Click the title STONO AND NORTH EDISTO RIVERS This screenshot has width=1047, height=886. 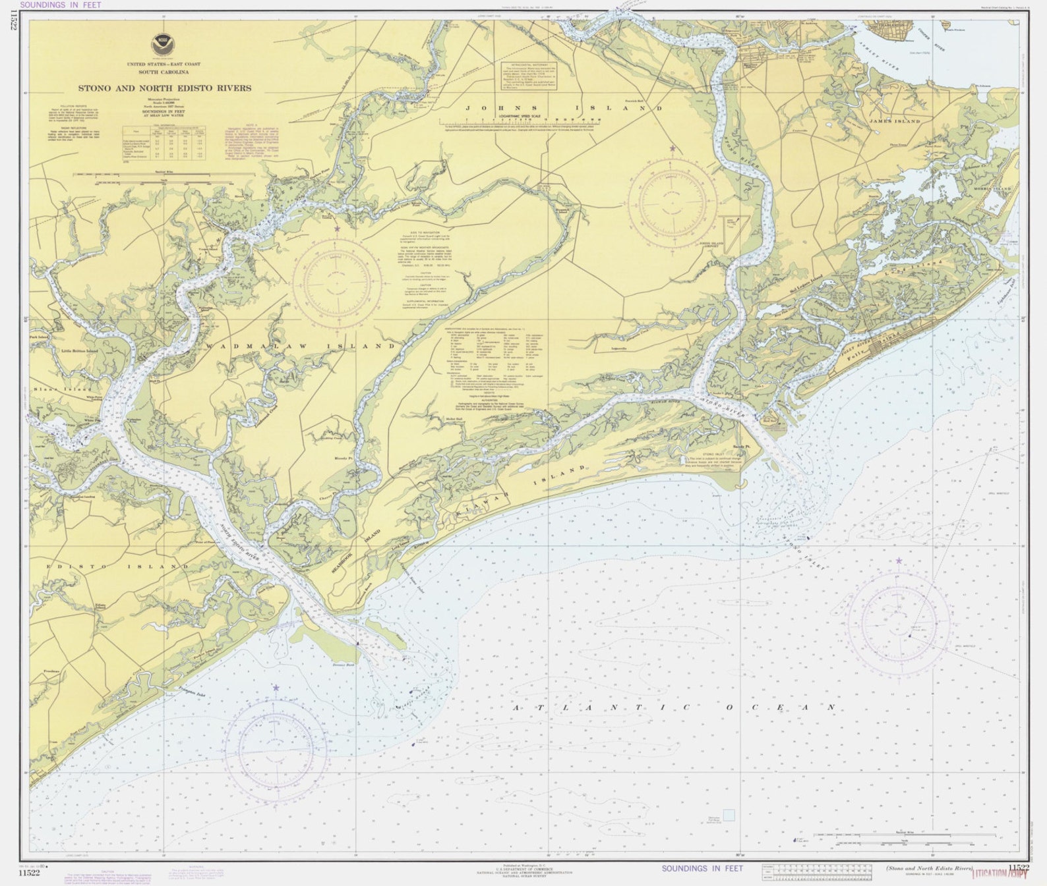pos(164,88)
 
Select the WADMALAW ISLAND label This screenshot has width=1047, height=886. pos(300,346)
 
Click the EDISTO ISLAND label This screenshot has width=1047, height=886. pos(117,567)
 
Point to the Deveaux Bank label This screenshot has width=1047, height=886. pos(344,666)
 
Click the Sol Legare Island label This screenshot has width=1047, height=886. pos(806,285)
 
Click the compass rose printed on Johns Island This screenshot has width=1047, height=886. pos(673,201)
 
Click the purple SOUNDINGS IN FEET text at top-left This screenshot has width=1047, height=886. pos(61,5)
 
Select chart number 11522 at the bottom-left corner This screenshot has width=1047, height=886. pos(29,873)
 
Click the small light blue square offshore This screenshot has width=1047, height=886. pos(729,815)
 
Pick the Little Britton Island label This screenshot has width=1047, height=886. pos(79,351)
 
